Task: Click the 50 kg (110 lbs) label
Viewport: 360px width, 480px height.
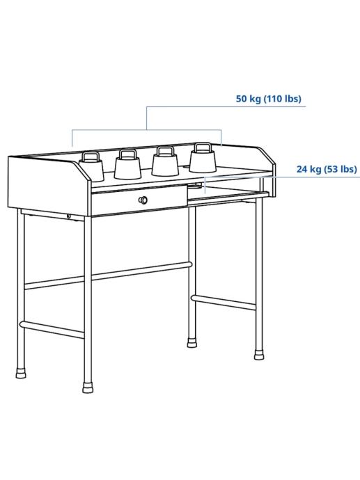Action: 268,99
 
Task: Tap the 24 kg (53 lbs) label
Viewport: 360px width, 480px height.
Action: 327,169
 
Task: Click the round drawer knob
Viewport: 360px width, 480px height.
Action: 143,200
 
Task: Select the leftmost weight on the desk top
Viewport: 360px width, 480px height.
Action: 92,167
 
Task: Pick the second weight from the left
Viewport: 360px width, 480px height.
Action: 127,164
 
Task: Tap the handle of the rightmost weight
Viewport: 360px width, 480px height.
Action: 203,147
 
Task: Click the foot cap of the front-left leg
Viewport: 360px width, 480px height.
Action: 88,387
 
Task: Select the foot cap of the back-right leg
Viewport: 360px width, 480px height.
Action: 259,355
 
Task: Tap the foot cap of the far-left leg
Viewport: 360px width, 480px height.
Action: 21,372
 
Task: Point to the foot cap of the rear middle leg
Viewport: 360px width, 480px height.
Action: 192,342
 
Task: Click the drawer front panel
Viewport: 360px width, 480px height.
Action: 139,200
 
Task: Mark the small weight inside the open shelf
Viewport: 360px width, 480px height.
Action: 195,186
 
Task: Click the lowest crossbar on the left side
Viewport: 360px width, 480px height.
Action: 52,329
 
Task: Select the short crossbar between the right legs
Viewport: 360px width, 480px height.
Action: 223,302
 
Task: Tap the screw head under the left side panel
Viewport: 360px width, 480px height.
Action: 69,216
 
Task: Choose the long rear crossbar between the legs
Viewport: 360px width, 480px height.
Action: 108,275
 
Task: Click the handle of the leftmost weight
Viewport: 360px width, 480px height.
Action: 91,157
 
